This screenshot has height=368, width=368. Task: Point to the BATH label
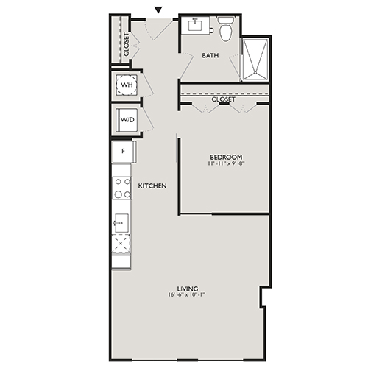210,55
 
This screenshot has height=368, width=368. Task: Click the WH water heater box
127,85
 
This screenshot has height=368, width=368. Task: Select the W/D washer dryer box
127,120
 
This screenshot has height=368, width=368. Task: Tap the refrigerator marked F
122,152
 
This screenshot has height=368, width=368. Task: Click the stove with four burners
121,189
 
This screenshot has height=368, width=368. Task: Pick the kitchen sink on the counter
121,221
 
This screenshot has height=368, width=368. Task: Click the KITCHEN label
152,186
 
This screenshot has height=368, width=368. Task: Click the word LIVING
188,288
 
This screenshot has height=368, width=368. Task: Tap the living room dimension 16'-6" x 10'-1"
188,296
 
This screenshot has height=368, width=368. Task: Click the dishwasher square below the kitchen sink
121,244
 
